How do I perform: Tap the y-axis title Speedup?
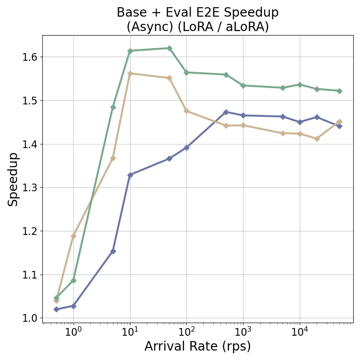pos(13,179)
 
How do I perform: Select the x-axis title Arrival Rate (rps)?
pos(198,346)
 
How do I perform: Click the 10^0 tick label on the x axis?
pos(73,333)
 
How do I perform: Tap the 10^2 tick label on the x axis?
pos(186,333)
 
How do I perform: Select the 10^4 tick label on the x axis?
pos(299,333)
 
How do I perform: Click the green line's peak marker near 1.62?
pos(169,48)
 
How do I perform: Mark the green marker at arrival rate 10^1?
pos(130,51)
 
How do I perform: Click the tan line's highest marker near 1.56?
pos(130,73)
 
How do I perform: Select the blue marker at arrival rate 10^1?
pos(130,175)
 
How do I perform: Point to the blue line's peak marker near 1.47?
pos(226,112)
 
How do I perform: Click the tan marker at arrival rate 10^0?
pos(73,236)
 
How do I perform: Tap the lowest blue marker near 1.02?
pos(56,309)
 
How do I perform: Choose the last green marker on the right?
pos(339,91)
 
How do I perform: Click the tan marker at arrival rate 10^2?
pos(186,111)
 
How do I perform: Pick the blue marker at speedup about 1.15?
pos(113,251)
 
